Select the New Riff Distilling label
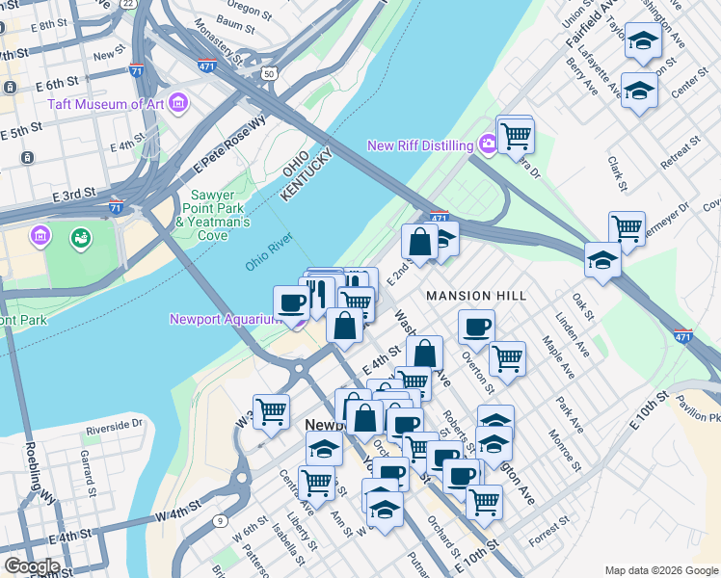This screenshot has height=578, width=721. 421,145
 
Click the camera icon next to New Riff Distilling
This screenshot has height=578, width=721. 489,145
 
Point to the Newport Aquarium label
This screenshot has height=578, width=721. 229,319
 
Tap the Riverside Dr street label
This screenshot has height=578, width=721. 114,423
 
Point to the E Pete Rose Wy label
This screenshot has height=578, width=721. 229,144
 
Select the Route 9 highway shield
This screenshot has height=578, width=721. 221,521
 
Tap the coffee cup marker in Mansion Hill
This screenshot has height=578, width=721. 475,327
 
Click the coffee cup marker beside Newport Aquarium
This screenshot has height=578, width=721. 291,302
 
